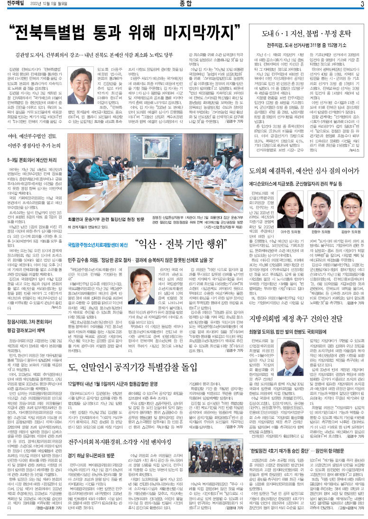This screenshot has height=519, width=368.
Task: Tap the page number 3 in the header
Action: (x=362, y=4)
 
